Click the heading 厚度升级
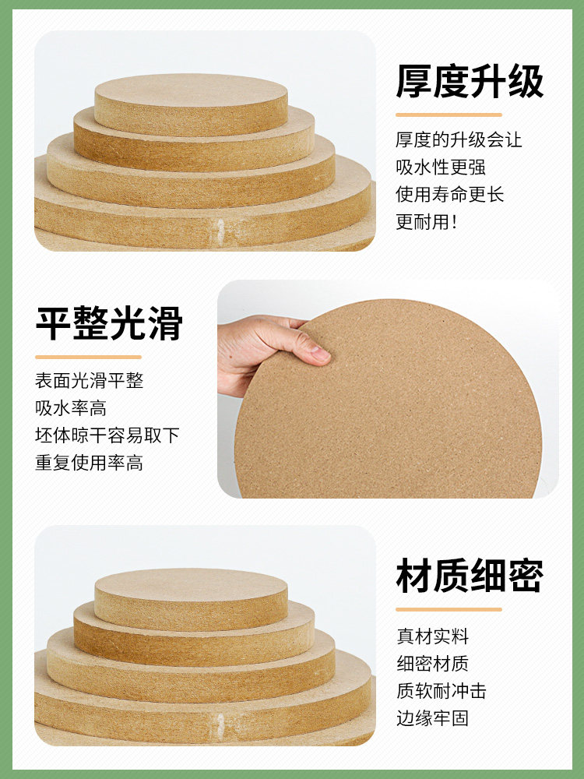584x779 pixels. coord(470,81)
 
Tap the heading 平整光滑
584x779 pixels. coord(109,323)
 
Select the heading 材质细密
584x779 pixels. coord(470,576)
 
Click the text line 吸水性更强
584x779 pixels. coord(441,167)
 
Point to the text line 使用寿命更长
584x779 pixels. coord(449,194)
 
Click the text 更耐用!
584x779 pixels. coord(426,221)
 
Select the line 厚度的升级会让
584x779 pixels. coord(459,139)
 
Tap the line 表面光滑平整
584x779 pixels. coord(90,381)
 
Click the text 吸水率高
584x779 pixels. coord(71,408)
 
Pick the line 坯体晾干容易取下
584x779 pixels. coord(107,435)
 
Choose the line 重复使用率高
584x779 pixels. coord(90,463)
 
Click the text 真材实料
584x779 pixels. coord(432,636)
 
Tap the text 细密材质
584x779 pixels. coord(432,663)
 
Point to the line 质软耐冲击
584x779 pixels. coord(442,690)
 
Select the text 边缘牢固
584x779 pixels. coord(432,718)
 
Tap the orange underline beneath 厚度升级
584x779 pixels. coord(449,115)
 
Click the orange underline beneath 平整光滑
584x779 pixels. coord(89,358)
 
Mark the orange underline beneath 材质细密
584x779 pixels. coord(449,610)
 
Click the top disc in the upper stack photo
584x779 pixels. coord(192,104)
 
